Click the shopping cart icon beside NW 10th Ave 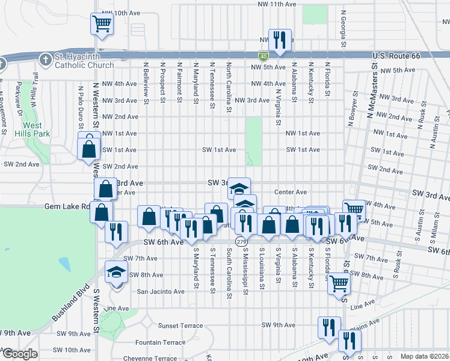[102, 25]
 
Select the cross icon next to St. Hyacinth [45, 60]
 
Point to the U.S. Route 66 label [394, 56]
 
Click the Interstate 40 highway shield [264, 56]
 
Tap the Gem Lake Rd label [66, 206]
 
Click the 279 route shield [241, 241]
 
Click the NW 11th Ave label [276, 4]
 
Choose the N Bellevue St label [146, 82]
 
